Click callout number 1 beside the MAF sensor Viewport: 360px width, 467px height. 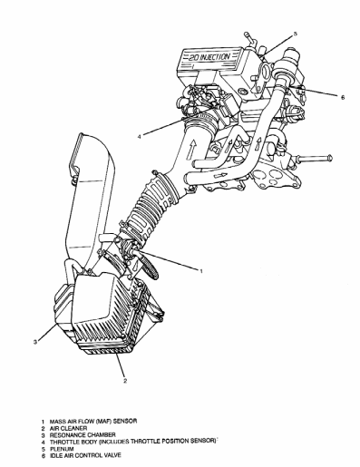201,271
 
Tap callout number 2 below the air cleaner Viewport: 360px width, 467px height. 125,381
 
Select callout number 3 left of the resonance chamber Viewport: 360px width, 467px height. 35,342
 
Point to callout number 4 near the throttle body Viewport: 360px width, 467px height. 139,137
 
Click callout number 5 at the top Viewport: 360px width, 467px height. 296,34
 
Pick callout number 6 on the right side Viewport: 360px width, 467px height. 343,97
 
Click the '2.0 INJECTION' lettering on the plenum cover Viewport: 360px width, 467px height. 209,57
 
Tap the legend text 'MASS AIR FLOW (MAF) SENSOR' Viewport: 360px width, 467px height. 93,421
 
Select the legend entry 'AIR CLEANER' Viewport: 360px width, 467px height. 68,428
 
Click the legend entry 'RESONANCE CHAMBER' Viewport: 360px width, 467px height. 83,435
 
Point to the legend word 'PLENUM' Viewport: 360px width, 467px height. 62,449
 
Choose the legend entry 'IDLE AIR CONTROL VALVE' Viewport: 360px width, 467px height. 85,455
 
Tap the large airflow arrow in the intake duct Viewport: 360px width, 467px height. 192,151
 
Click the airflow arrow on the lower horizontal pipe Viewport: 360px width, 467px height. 219,175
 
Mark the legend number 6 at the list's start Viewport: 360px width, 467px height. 44,456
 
